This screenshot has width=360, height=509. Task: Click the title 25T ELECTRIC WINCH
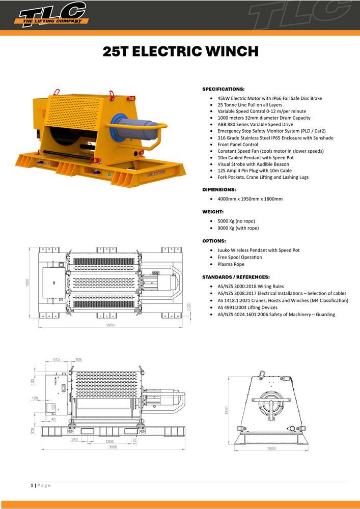180,51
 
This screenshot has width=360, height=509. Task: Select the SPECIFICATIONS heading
224,89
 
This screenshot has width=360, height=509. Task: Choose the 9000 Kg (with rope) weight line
238,228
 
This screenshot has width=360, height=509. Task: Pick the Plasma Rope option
231,264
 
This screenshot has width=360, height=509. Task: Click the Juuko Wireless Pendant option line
258,250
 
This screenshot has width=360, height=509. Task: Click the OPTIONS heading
214,241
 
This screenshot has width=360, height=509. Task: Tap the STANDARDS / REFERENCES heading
236,277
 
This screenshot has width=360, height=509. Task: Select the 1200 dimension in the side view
109,441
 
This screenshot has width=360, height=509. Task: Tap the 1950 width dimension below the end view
271,449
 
